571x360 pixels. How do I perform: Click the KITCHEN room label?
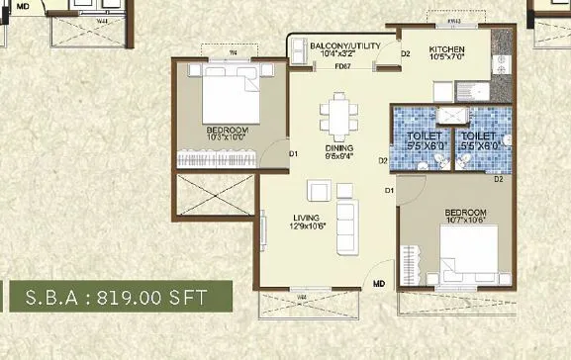pos(446,48)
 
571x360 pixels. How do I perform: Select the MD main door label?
pos(378,285)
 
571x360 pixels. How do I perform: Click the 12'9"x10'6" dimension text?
pos(308,228)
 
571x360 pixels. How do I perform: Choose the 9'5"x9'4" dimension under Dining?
pos(339,157)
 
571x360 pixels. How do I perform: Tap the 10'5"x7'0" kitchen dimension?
pos(446,58)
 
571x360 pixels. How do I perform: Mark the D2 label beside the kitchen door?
pos(405,54)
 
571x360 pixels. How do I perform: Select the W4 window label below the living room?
pos(300,295)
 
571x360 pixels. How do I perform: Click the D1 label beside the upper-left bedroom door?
pos(294,153)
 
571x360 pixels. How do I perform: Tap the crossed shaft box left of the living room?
pos(213,203)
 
